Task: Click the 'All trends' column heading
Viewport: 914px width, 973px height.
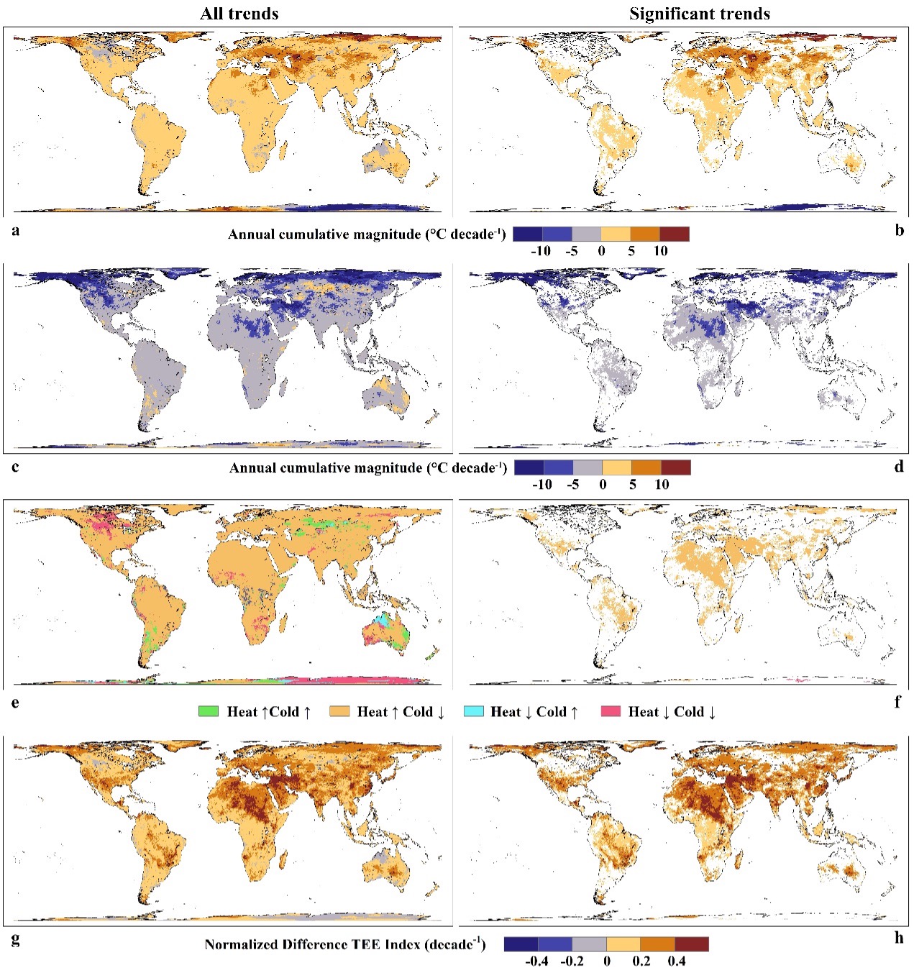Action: tap(239, 14)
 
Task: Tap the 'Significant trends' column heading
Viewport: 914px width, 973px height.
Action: tap(699, 14)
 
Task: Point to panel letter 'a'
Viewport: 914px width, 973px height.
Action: tap(16, 230)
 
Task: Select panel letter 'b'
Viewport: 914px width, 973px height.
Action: tap(899, 230)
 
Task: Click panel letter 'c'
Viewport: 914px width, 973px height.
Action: tap(15, 466)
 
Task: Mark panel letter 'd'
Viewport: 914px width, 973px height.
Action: tap(899, 466)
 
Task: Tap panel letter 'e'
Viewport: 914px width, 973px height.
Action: tap(15, 702)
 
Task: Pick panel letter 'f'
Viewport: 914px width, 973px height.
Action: tap(897, 702)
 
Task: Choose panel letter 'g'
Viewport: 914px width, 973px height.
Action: tap(15, 938)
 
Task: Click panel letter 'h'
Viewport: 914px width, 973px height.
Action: tap(899, 938)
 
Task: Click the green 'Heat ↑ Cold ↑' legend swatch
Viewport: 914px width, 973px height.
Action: tap(209, 711)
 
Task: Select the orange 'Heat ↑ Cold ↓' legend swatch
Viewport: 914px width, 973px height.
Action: tap(339, 711)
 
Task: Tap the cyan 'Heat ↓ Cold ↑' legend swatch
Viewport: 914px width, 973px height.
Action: tap(474, 711)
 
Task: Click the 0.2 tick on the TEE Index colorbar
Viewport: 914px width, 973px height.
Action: tap(641, 961)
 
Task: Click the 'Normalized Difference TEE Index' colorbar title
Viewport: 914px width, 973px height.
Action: tap(344, 944)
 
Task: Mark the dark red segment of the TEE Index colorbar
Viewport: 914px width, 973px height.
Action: tap(692, 944)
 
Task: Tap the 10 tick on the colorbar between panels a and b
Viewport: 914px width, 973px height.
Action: tap(660, 251)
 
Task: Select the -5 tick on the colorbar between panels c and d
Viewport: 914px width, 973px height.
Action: tap(572, 484)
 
